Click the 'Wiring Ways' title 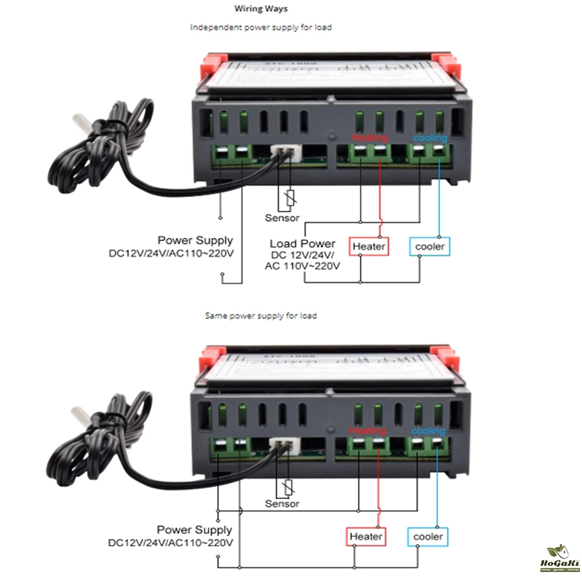coord(261,9)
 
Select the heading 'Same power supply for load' coord(261,316)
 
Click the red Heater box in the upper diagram coord(368,247)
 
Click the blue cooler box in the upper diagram coord(429,247)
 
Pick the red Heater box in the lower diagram coord(366,537)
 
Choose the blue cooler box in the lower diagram coord(428,537)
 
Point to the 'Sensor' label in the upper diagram coord(282,218)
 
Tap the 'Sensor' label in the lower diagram coord(282,503)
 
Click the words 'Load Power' coord(303,244)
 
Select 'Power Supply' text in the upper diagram coord(196,240)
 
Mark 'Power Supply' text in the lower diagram coord(196,530)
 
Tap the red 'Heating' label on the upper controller coord(370,137)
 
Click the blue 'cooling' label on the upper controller coord(431,137)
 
